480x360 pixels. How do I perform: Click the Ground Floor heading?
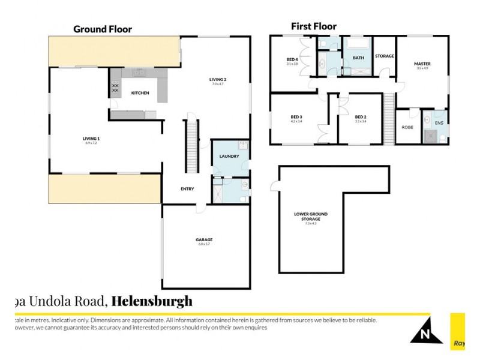tap(103, 29)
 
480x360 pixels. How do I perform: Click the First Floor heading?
tap(314, 26)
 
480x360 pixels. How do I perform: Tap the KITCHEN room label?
tap(140, 93)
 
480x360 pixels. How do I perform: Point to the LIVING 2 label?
tap(217, 80)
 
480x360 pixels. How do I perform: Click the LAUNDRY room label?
tap(229, 157)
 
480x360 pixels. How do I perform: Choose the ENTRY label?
tap(187, 189)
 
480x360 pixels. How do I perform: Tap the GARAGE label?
tap(204, 240)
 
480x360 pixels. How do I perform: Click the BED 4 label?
tap(292, 59)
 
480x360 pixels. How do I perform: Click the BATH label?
tap(358, 58)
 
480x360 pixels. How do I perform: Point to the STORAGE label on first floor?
tap(385, 56)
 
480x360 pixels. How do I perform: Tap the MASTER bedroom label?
tap(422, 64)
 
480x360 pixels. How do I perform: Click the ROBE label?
tap(407, 127)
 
